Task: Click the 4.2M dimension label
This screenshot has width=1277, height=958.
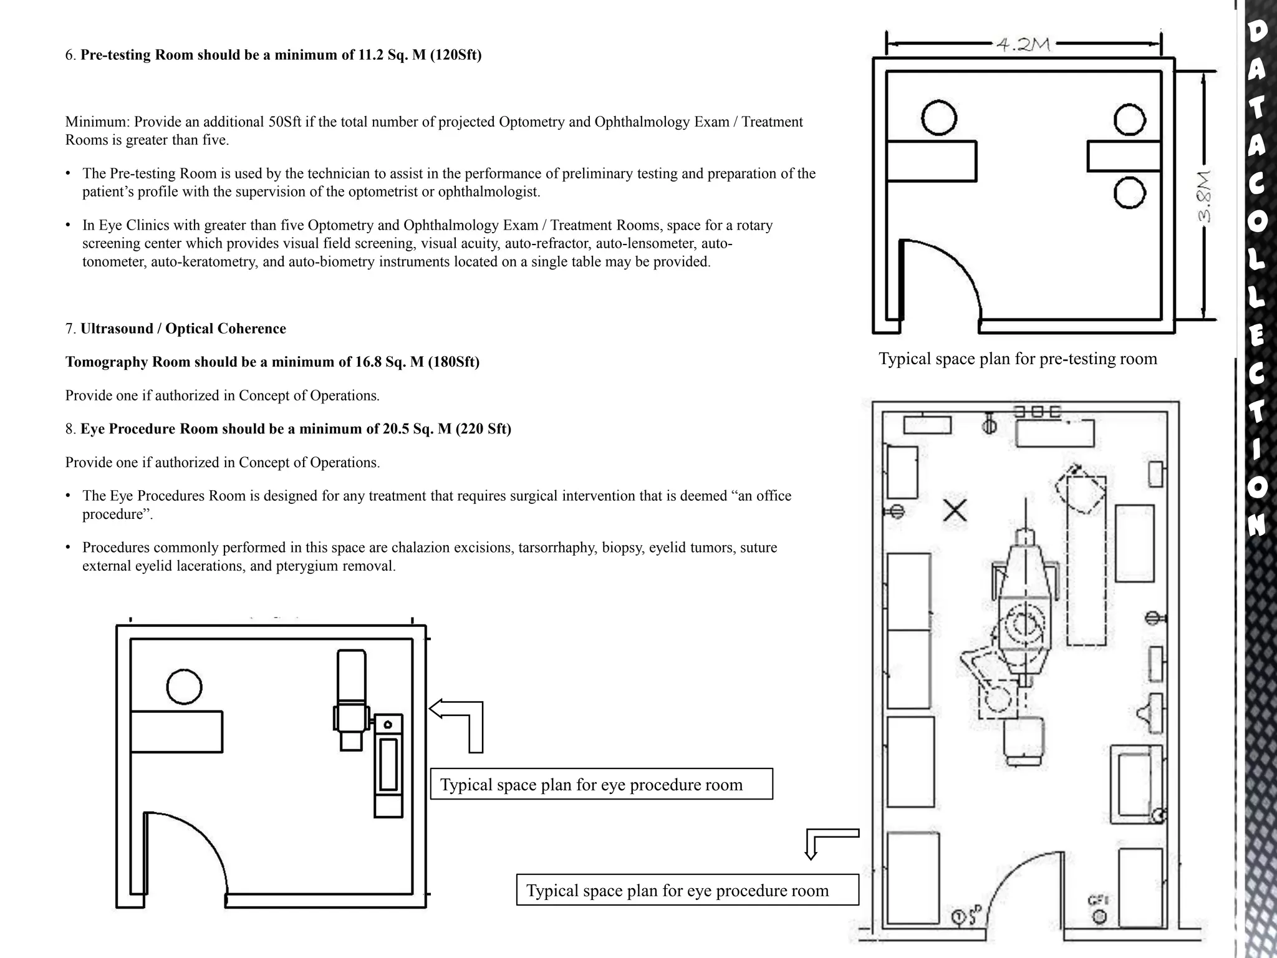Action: tap(1023, 45)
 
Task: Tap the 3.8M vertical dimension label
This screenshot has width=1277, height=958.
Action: tap(1203, 196)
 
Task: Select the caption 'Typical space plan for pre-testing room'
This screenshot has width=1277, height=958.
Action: tap(1018, 359)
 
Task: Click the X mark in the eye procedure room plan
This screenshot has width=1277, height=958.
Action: tap(955, 511)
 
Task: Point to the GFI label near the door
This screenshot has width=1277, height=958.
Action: tap(1098, 900)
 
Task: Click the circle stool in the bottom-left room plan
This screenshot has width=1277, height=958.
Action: tap(185, 687)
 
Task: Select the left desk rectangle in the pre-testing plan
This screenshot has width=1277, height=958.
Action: tap(931, 161)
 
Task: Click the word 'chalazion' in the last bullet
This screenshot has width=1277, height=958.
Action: tap(421, 548)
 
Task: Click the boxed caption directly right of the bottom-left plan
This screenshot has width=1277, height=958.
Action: tap(601, 784)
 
